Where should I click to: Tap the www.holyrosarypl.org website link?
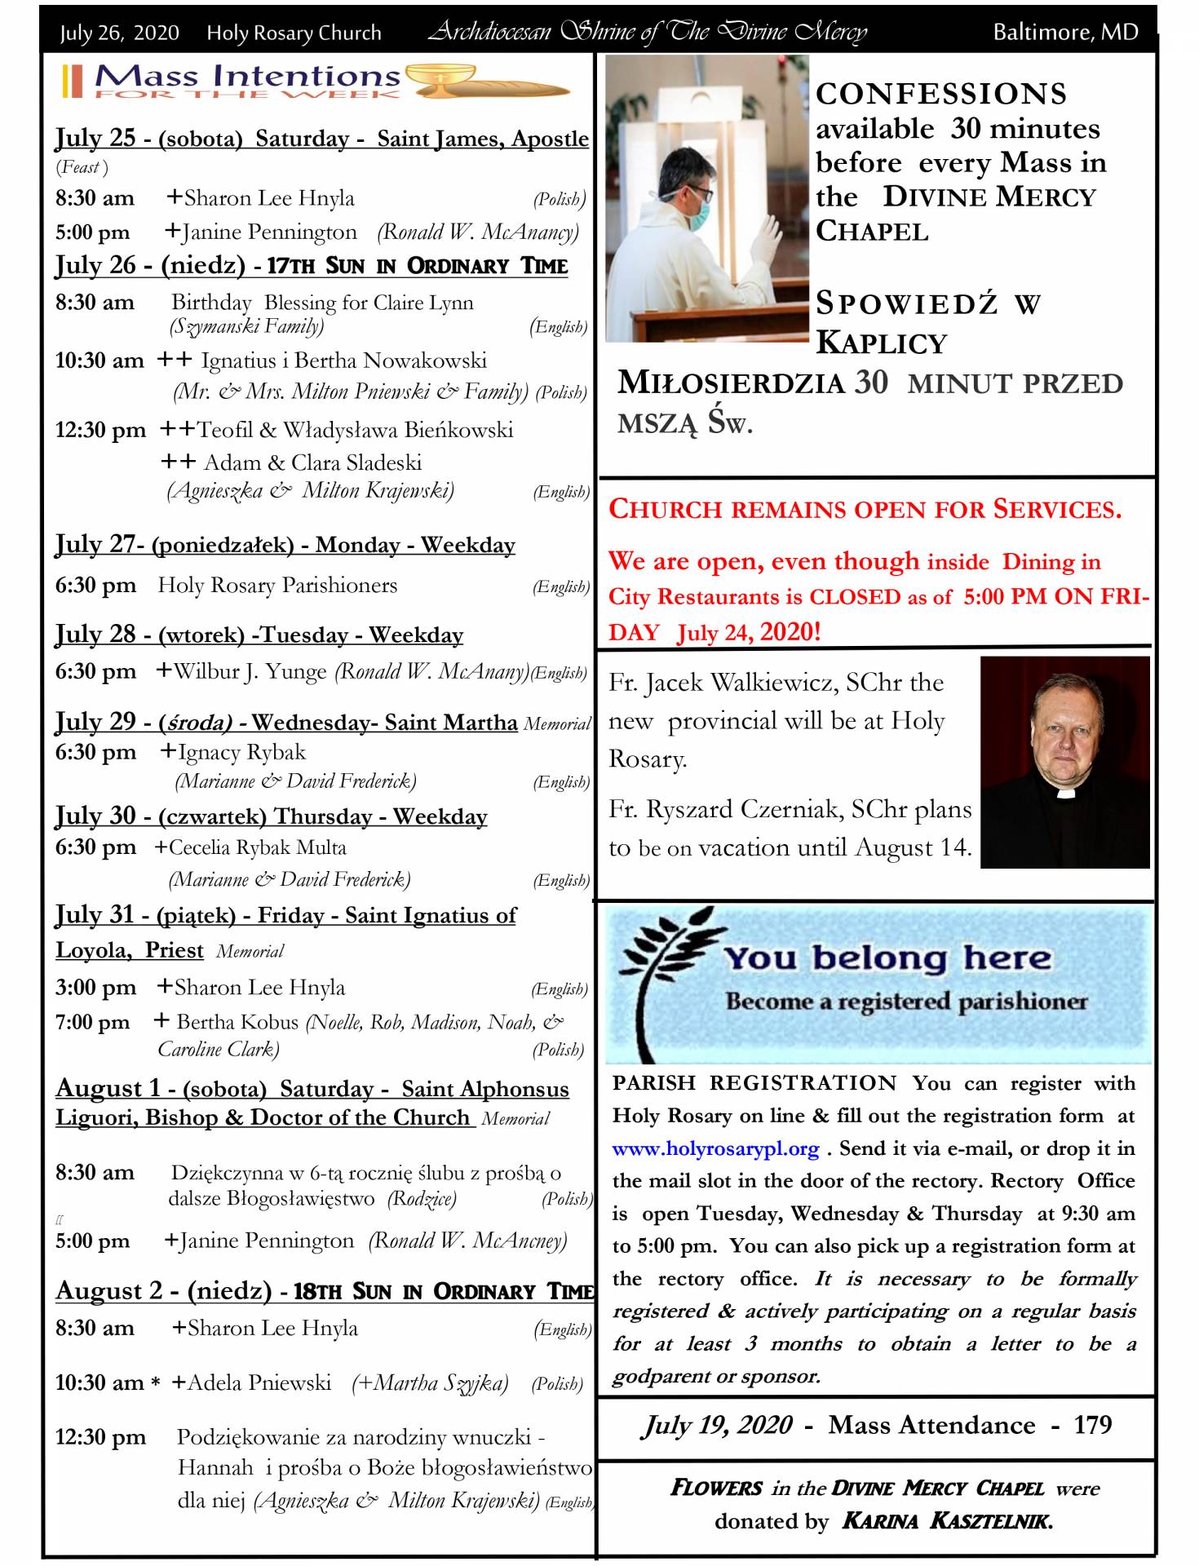point(715,1148)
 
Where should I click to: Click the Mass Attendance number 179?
point(1092,1425)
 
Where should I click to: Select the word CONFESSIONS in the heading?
point(941,94)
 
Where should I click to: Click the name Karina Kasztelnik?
point(947,1520)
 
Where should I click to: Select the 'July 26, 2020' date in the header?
point(119,33)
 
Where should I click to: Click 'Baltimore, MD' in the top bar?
point(1064,32)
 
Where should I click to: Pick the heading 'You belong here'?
point(887,958)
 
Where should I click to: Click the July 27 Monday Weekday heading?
point(285,544)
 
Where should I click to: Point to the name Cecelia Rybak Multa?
point(258,847)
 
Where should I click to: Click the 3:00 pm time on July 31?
point(95,987)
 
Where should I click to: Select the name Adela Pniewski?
point(259,1382)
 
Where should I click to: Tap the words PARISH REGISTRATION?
point(754,1083)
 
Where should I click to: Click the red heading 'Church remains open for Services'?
point(865,509)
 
